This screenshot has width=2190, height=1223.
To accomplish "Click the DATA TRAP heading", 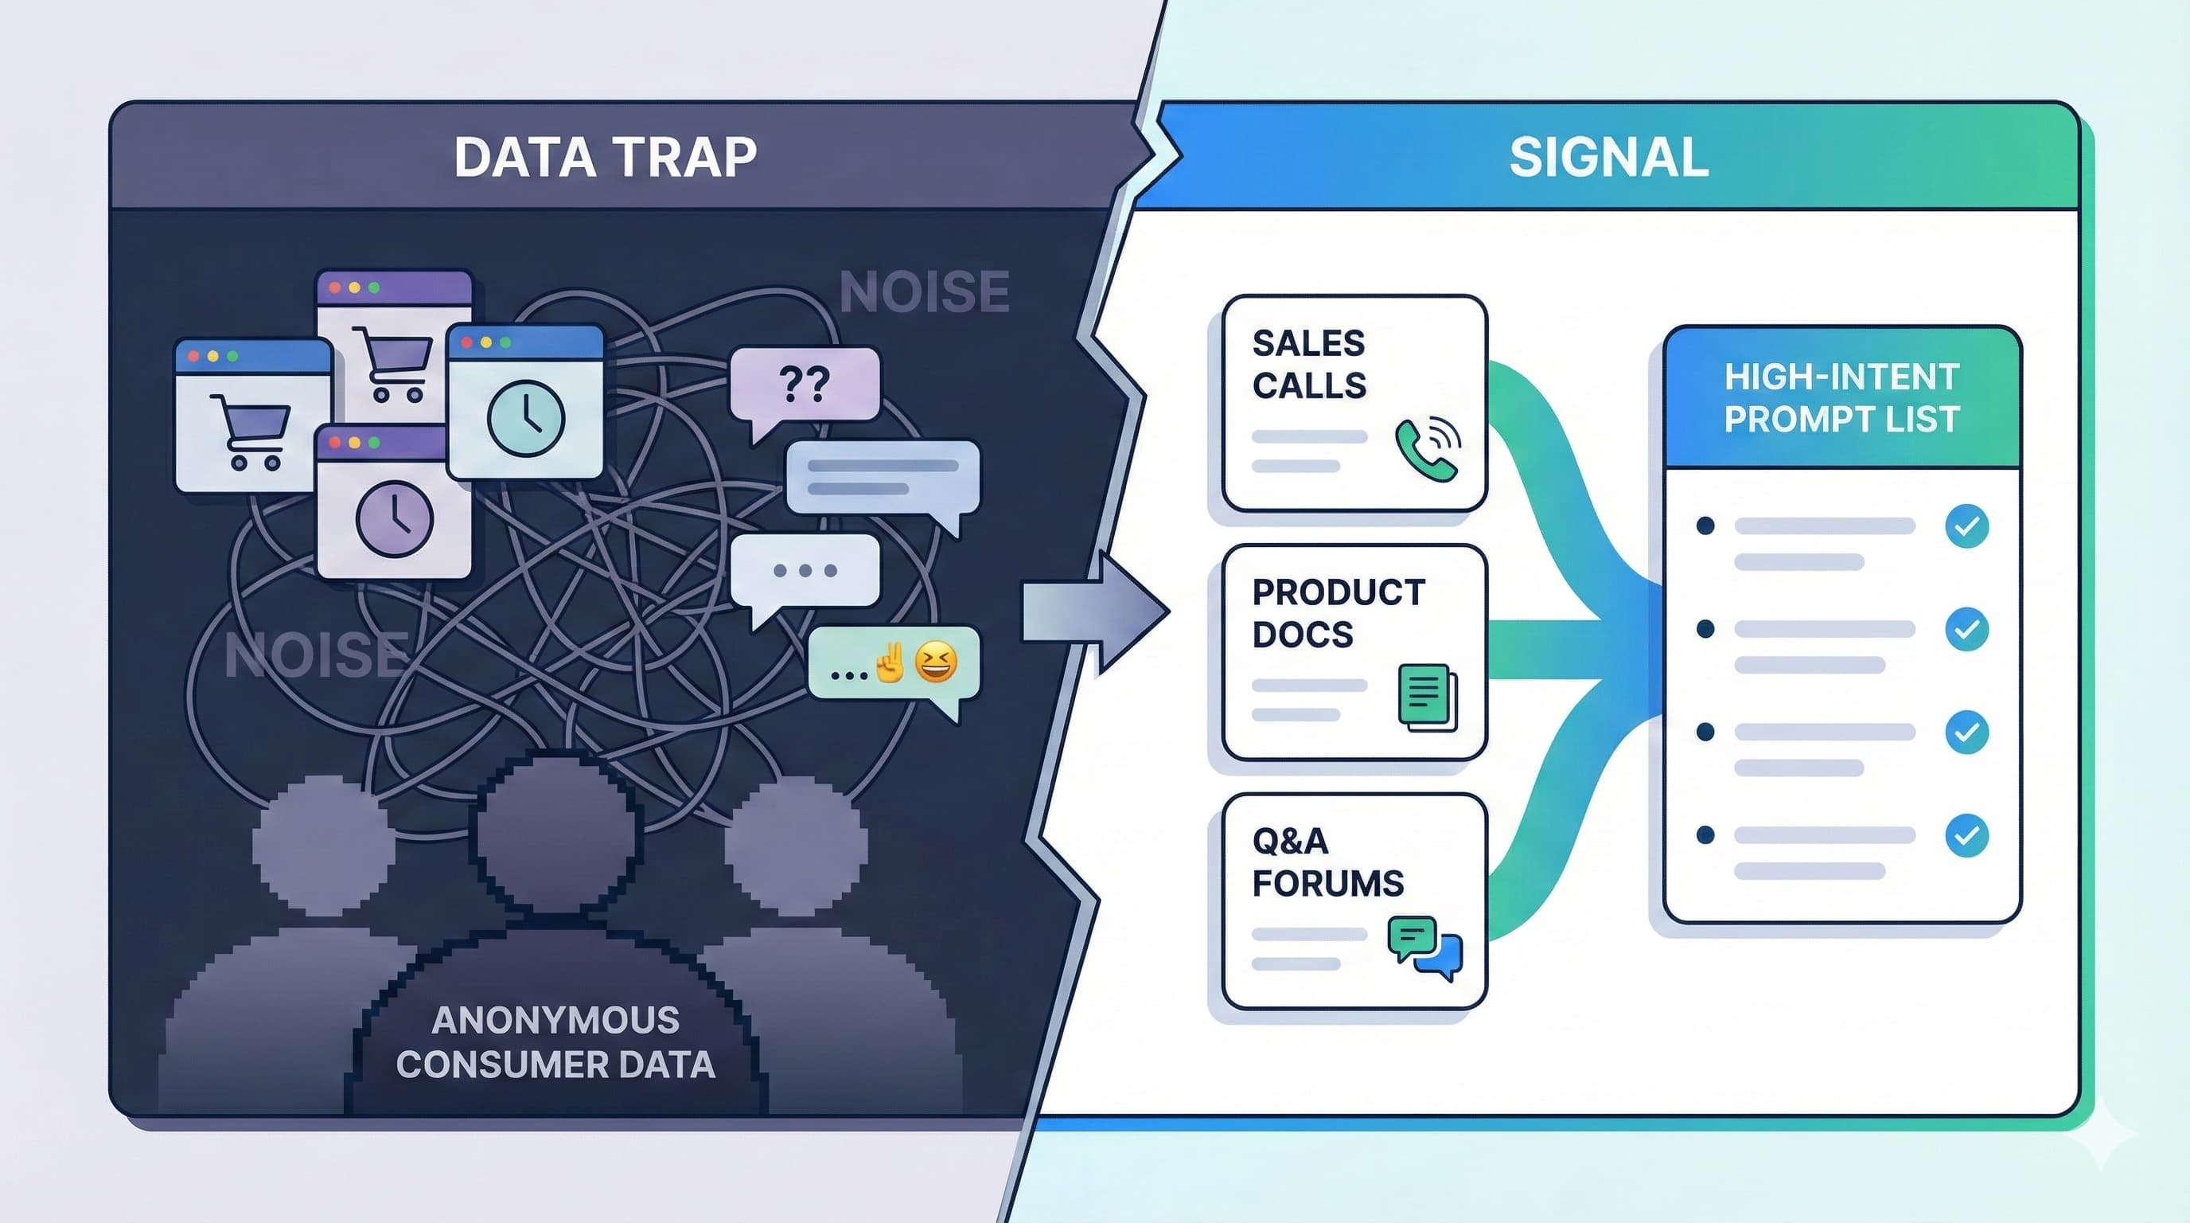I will tap(605, 158).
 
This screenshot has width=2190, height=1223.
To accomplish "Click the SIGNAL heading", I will tap(1608, 158).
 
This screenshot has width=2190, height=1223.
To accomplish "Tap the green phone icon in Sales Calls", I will tap(1427, 449).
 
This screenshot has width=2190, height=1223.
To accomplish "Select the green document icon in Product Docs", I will tap(1427, 697).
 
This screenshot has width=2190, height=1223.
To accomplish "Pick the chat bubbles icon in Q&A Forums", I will tap(1425, 947).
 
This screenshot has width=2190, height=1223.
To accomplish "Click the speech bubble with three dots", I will tap(805, 571).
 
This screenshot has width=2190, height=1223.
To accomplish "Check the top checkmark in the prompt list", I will tap(1966, 526).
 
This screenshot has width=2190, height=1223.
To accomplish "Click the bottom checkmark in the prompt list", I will tap(1966, 835).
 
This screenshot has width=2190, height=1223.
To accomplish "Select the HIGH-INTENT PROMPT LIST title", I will tap(1841, 398).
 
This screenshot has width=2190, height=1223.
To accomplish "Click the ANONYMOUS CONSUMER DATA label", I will tap(555, 1041).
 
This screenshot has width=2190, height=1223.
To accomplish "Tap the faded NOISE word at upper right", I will tap(924, 291).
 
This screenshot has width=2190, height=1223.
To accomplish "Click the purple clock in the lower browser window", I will tap(395, 519).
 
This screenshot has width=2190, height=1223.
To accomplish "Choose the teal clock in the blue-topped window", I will tap(525, 419).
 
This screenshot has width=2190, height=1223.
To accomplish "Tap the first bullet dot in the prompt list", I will tap(1705, 526).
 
